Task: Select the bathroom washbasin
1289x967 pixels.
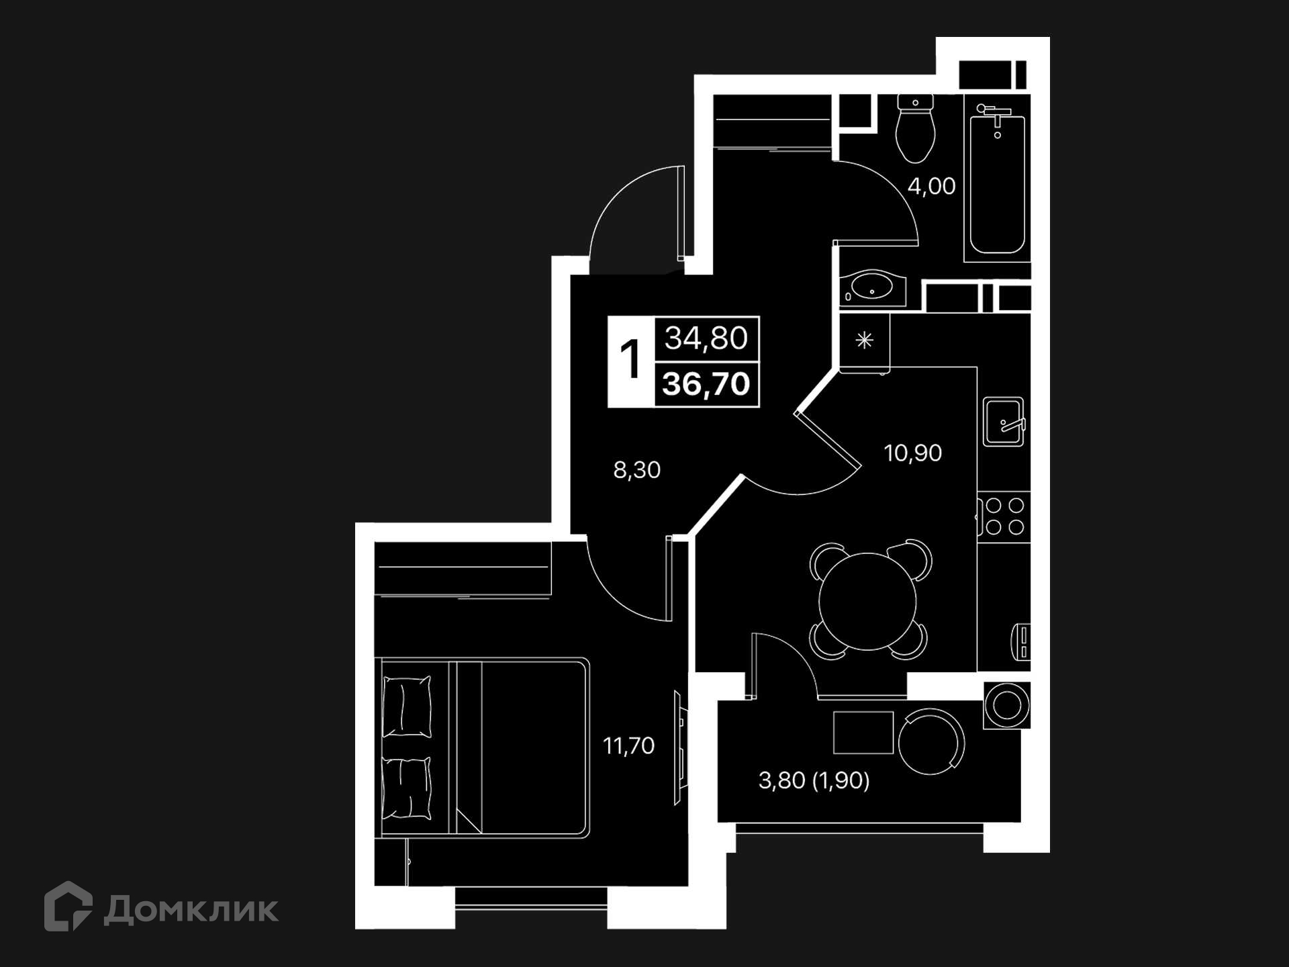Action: click(871, 288)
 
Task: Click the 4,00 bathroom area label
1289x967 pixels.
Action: click(931, 186)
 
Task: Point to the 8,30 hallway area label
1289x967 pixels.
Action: click(636, 469)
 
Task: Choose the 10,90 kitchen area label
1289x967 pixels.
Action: click(912, 453)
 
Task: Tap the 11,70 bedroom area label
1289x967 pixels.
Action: click(628, 745)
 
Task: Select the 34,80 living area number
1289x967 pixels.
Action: click(706, 338)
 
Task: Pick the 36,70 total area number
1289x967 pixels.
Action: click(706, 384)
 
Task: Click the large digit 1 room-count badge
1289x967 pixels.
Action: click(630, 361)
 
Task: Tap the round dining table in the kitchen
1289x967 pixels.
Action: click(867, 601)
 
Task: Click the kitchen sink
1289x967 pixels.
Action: click(1004, 422)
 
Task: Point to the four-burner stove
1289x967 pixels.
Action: click(1004, 516)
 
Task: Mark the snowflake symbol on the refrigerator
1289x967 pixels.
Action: click(864, 340)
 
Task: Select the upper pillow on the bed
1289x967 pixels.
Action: click(407, 706)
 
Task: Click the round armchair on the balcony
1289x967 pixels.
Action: click(931, 742)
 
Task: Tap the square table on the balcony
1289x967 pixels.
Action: click(863, 733)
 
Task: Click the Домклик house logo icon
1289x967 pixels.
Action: click(68, 906)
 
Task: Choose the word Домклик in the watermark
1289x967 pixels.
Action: click(191, 910)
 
